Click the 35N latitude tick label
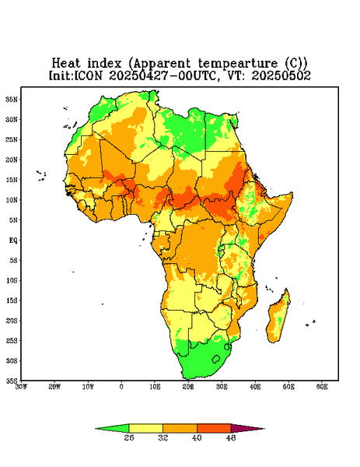click(x=12, y=100)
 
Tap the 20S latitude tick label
click(x=12, y=321)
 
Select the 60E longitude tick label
click(x=322, y=387)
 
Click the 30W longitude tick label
click(x=21, y=387)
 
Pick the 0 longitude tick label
click(x=121, y=387)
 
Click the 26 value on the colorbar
click(x=129, y=437)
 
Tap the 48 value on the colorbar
click(x=231, y=437)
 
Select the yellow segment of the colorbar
click(x=145, y=428)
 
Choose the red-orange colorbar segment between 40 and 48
click(x=214, y=428)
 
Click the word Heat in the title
click(x=66, y=64)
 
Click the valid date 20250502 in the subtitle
click(x=281, y=75)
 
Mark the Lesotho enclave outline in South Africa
click(x=216, y=359)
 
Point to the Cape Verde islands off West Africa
click(x=41, y=176)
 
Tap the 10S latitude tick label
click(x=12, y=280)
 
